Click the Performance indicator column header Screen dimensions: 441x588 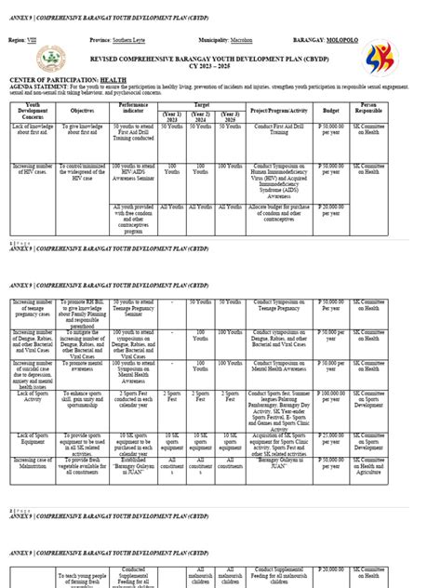133,109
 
